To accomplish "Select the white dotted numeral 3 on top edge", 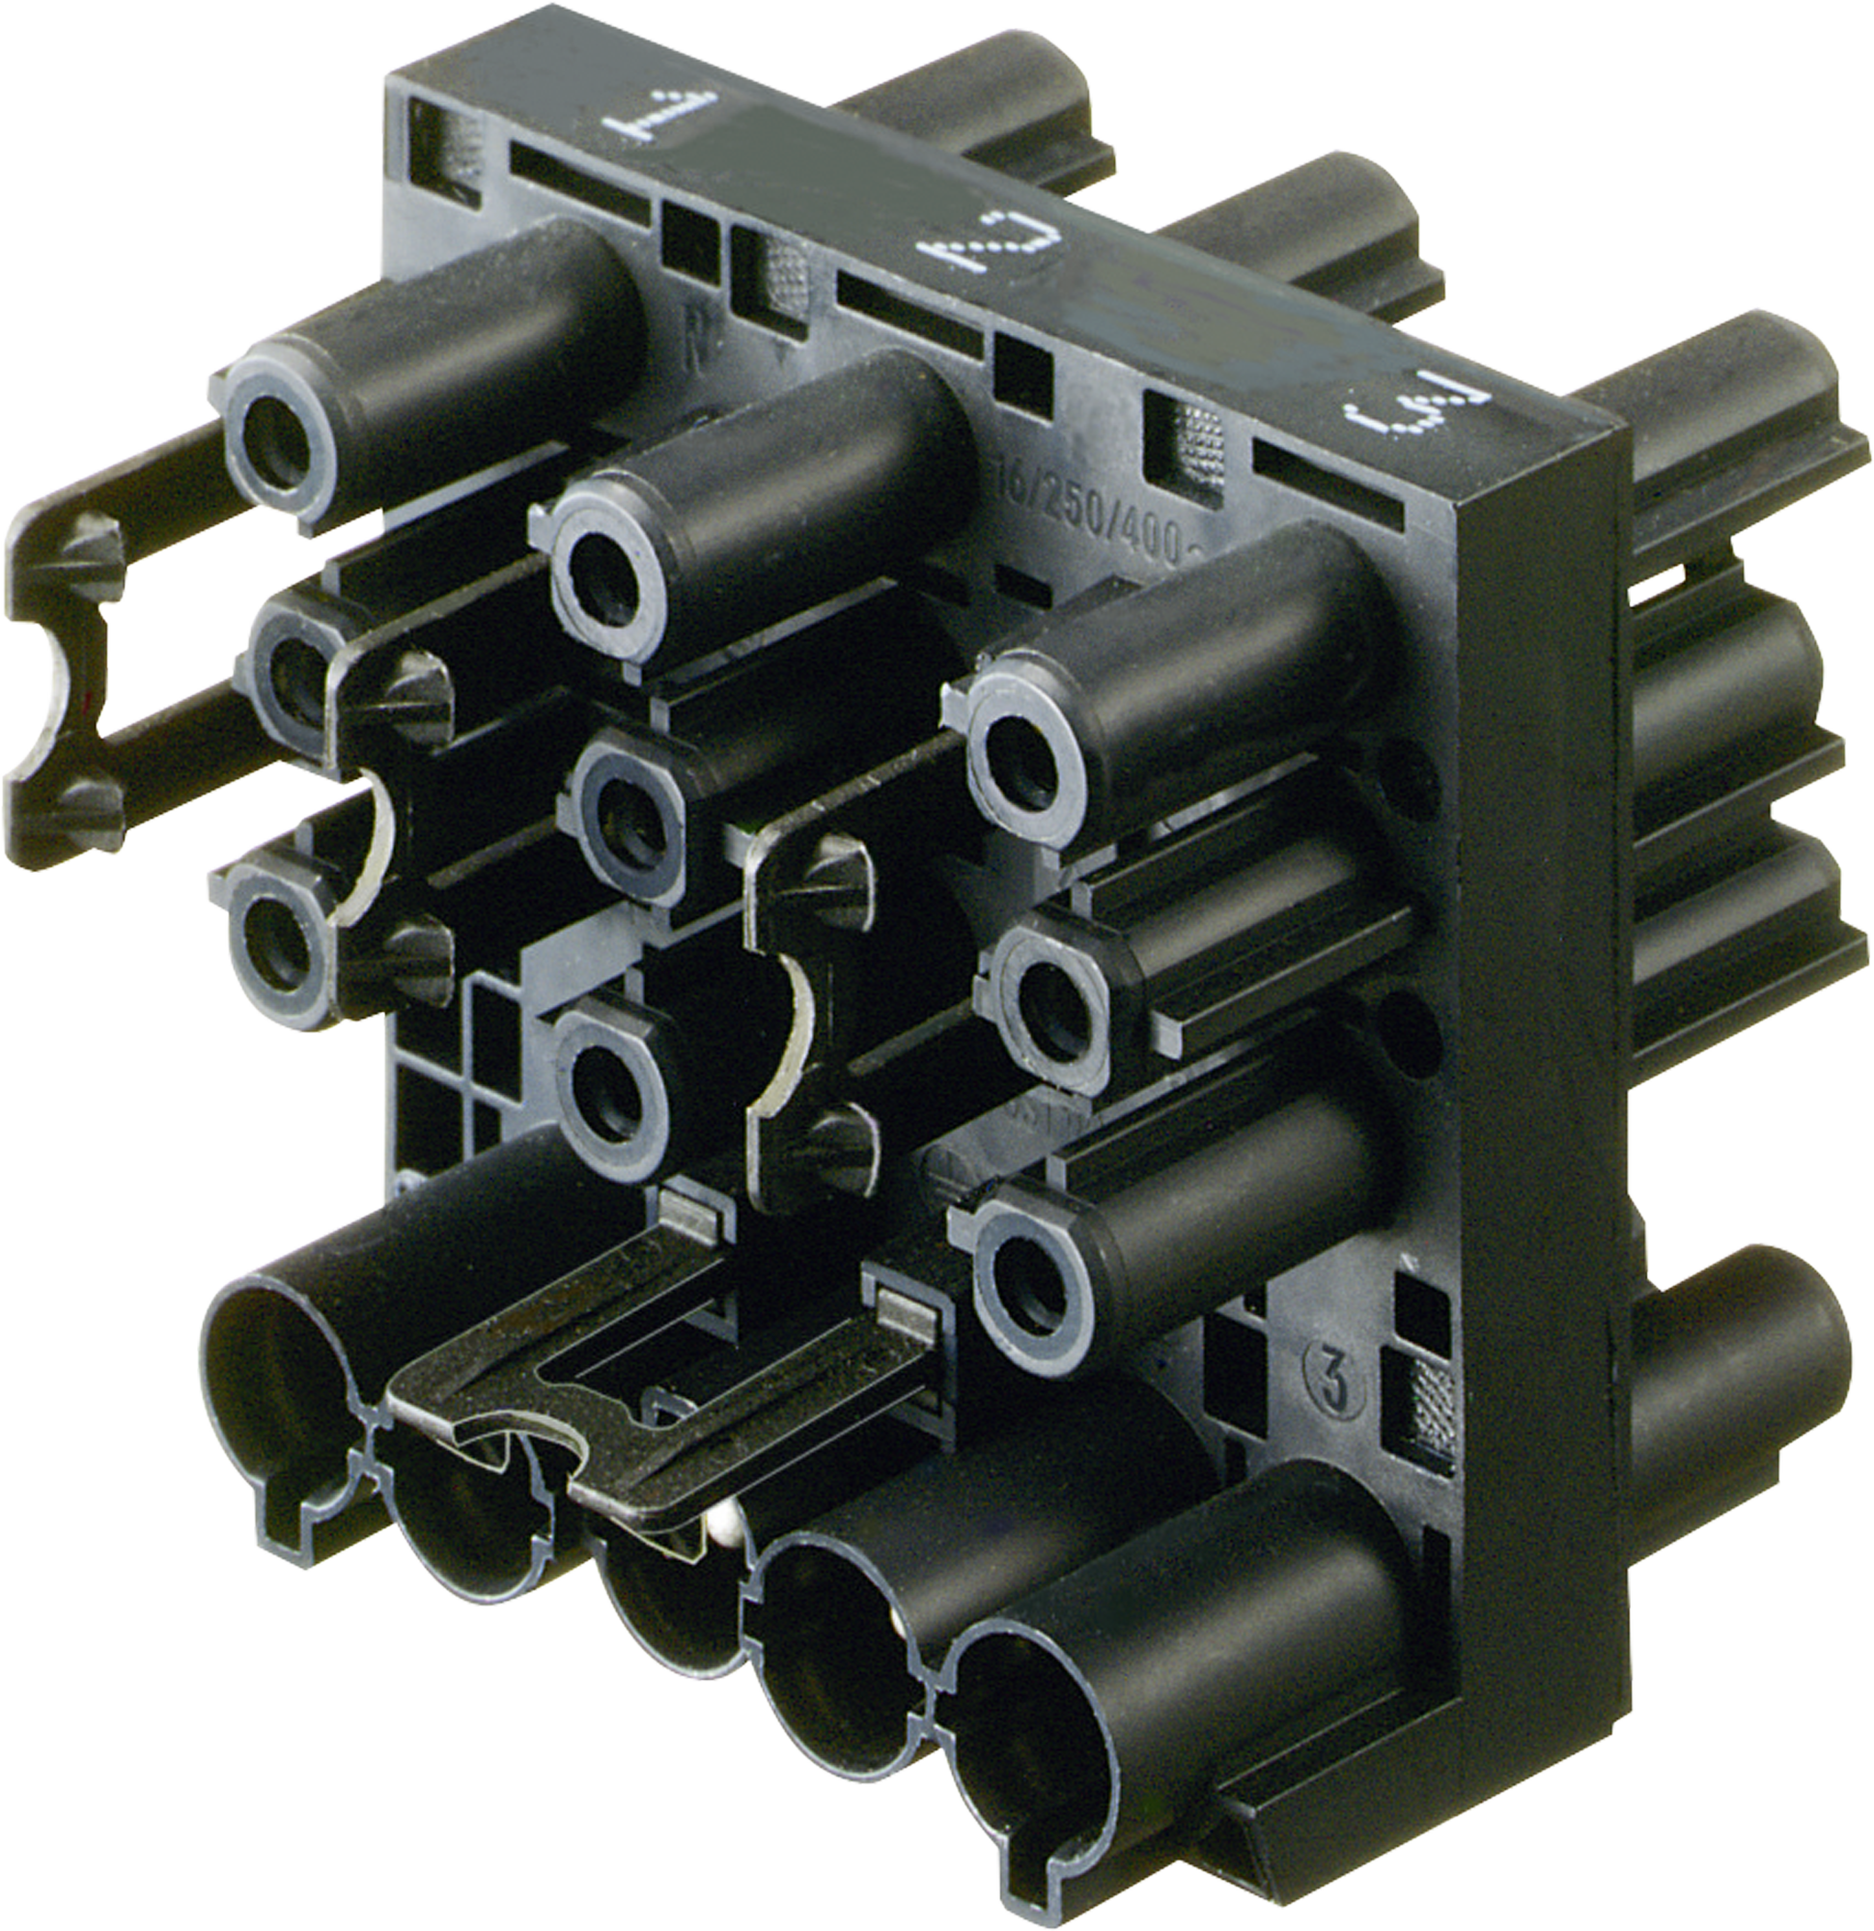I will pyautogui.click(x=1420, y=409).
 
